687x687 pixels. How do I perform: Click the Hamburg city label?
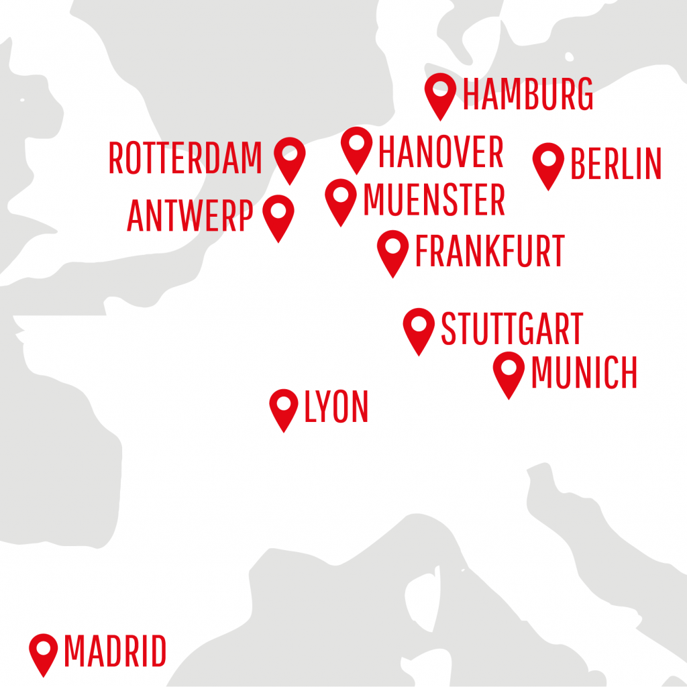(528, 95)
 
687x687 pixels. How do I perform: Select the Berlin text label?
(615, 164)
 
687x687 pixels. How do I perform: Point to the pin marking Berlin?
(549, 162)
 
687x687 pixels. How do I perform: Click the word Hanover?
(441, 152)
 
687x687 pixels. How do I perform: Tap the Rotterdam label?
(185, 158)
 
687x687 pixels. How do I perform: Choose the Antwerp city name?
(190, 216)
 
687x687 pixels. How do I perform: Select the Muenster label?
(433, 200)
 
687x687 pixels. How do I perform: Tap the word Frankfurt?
(490, 251)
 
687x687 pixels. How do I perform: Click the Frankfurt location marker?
(393, 250)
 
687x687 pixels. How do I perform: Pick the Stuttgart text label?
(511, 329)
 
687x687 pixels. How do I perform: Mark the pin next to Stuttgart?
(419, 327)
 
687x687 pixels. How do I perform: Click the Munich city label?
(584, 373)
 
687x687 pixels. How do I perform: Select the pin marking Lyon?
(284, 407)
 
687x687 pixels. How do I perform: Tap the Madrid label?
(115, 651)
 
